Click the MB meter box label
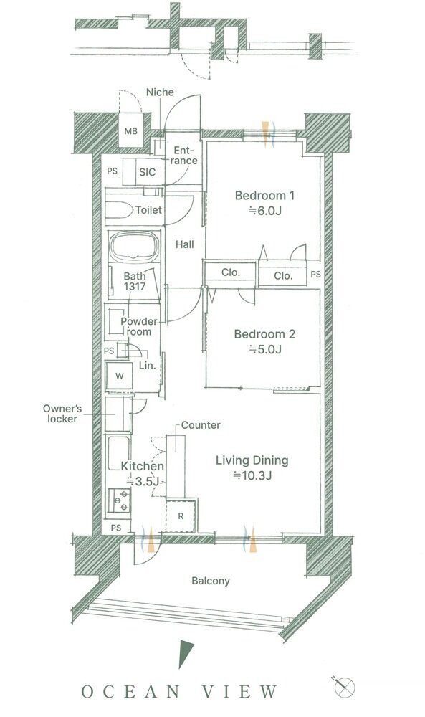tap(130, 131)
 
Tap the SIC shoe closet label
tap(147, 172)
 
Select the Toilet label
tap(148, 210)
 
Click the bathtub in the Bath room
tap(134, 247)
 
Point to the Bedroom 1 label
tap(264, 196)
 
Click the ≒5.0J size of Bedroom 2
tap(264, 350)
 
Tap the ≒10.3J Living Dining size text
tap(252, 475)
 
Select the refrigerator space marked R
tap(181, 516)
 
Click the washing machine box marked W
tap(119, 376)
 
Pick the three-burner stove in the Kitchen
tap(120, 500)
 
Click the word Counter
tap(201, 425)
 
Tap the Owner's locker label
tap(62, 414)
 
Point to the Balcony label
tap(211, 581)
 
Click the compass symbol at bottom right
tap(344, 687)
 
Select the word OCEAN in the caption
tap(130, 691)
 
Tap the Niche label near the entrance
tap(160, 92)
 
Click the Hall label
tap(185, 244)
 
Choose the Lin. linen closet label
tap(147, 366)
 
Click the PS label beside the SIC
tap(112, 171)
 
